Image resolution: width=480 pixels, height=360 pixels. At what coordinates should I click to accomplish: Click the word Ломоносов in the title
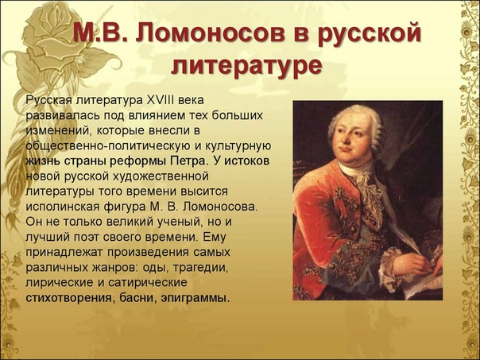click(212, 33)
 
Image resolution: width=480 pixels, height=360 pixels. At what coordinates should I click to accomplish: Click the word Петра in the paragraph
click(187, 161)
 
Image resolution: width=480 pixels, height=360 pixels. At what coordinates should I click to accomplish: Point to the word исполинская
click(62, 207)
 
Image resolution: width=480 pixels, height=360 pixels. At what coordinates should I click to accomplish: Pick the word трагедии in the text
click(201, 268)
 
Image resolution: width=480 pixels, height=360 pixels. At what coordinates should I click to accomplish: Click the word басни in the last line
click(137, 297)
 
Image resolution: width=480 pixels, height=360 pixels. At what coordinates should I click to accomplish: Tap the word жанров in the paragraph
click(113, 268)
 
